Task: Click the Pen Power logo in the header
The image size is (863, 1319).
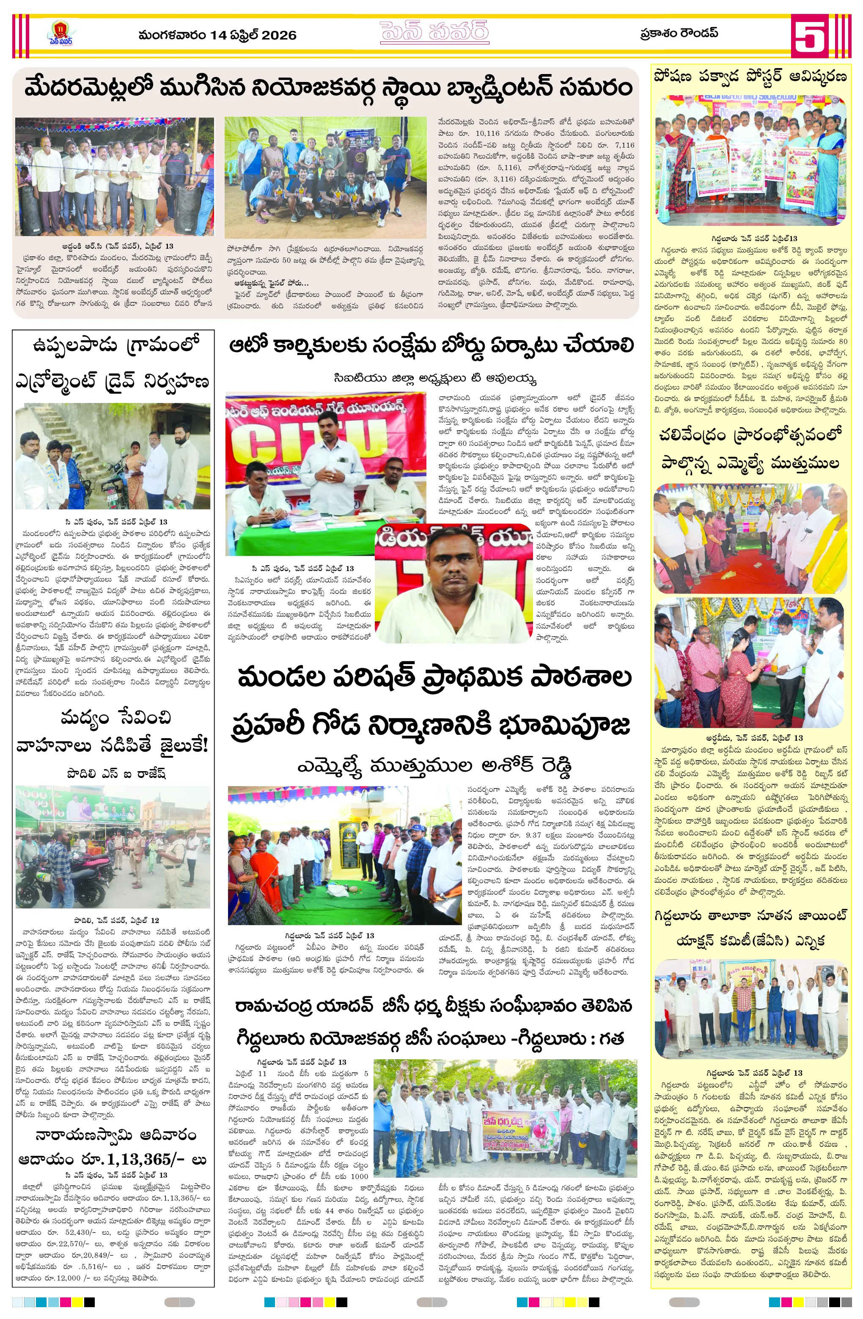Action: (x=60, y=34)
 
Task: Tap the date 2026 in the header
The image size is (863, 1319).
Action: (x=279, y=36)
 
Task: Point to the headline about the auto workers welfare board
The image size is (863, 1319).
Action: (x=431, y=346)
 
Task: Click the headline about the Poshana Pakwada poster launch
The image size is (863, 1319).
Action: (x=750, y=77)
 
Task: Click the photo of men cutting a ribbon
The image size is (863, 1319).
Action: (x=114, y=176)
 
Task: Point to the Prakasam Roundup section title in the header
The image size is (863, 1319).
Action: (x=679, y=33)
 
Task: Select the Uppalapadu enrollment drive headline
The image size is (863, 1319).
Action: (x=113, y=363)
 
